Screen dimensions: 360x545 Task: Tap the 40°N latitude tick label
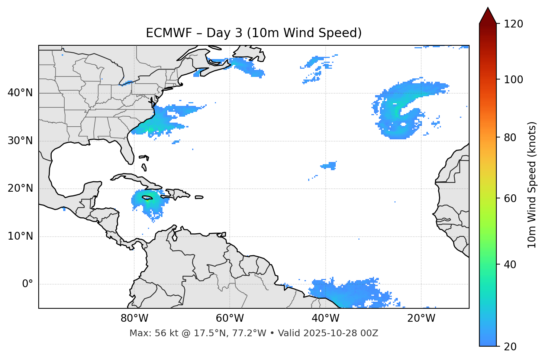pos(20,93)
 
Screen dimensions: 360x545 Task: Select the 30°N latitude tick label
pos(20,141)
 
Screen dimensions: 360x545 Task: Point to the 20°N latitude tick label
pos(20,188)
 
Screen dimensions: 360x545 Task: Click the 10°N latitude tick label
pos(20,236)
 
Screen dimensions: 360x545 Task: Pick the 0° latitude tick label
pos(28,284)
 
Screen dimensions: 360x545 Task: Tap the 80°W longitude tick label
pos(134,318)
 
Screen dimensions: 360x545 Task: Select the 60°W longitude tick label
pos(230,318)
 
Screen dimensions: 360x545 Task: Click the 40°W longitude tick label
pos(325,318)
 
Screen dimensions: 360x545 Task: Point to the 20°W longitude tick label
pos(421,318)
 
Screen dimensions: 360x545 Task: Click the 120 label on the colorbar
pos(513,24)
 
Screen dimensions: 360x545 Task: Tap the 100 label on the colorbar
pos(513,80)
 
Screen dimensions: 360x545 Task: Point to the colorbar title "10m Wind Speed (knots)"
pos(532,185)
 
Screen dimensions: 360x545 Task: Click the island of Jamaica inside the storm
pos(147,198)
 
